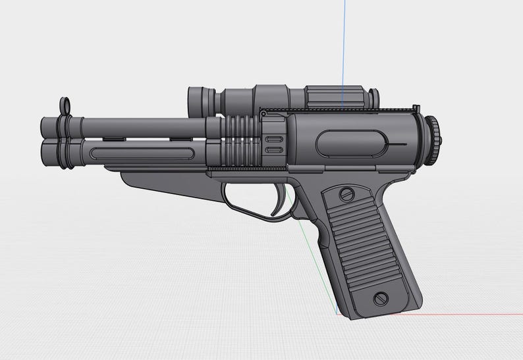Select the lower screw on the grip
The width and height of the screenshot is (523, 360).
tap(380, 298)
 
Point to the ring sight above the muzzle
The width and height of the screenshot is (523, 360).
tap(67, 105)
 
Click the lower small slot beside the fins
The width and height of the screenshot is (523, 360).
tap(270, 151)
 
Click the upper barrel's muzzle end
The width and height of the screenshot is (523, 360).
tap(46, 126)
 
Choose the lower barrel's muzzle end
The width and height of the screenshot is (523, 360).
tap(46, 149)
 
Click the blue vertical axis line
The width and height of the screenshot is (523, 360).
tap(343, 39)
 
